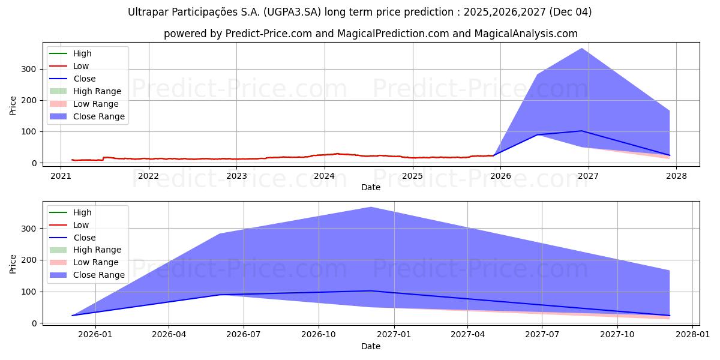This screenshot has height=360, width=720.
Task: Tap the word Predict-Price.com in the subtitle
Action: [x=268, y=34]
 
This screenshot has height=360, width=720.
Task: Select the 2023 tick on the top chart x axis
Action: [x=236, y=176]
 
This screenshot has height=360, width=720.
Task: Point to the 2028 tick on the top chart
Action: [x=676, y=176]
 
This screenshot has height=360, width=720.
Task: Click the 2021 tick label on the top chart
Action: [x=61, y=176]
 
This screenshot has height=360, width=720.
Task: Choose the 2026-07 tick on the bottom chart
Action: [x=243, y=335]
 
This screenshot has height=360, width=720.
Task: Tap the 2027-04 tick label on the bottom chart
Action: [x=467, y=335]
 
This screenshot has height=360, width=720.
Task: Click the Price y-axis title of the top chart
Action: [x=13, y=106]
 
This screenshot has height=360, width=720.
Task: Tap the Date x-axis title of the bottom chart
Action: [x=371, y=346]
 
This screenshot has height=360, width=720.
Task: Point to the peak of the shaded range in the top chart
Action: [x=581, y=49]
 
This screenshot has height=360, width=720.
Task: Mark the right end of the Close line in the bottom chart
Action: [x=670, y=316]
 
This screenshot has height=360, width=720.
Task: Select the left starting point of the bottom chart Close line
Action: [x=72, y=316]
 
